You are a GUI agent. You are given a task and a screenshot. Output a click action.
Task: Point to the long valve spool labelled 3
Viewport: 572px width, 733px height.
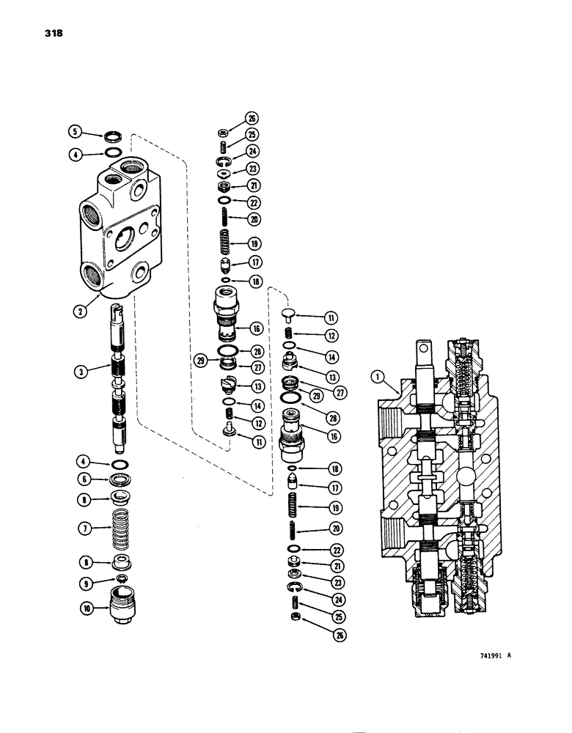[x=119, y=381]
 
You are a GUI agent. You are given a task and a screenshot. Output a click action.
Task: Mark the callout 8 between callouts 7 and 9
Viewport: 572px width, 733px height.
[x=86, y=563]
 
